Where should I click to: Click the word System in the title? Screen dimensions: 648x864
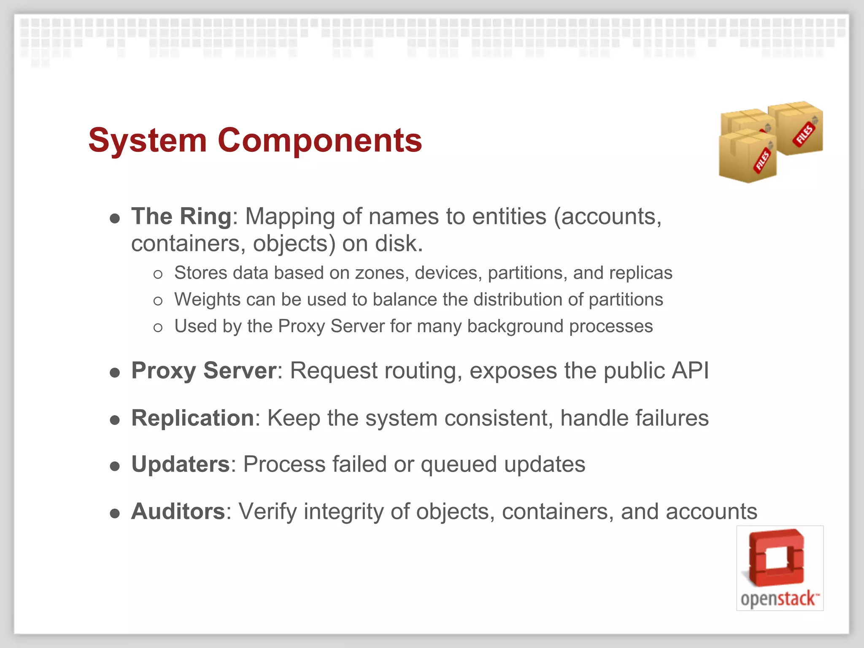[x=148, y=140]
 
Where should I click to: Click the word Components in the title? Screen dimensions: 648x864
[x=319, y=140]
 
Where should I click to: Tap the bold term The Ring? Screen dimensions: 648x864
[x=181, y=216]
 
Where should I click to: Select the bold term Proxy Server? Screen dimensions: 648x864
[x=204, y=371]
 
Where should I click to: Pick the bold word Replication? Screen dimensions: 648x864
[x=192, y=418]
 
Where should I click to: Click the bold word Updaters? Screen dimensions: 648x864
[x=180, y=464]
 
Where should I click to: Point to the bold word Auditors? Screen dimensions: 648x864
[x=178, y=511]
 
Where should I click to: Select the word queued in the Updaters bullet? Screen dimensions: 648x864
[x=459, y=464]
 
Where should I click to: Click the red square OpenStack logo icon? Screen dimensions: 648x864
[x=777, y=557]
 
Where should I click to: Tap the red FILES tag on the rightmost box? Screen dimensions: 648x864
[x=805, y=134]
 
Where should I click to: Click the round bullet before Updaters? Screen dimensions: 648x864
[x=115, y=466]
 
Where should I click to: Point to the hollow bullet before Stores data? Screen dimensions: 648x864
[x=158, y=275]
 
